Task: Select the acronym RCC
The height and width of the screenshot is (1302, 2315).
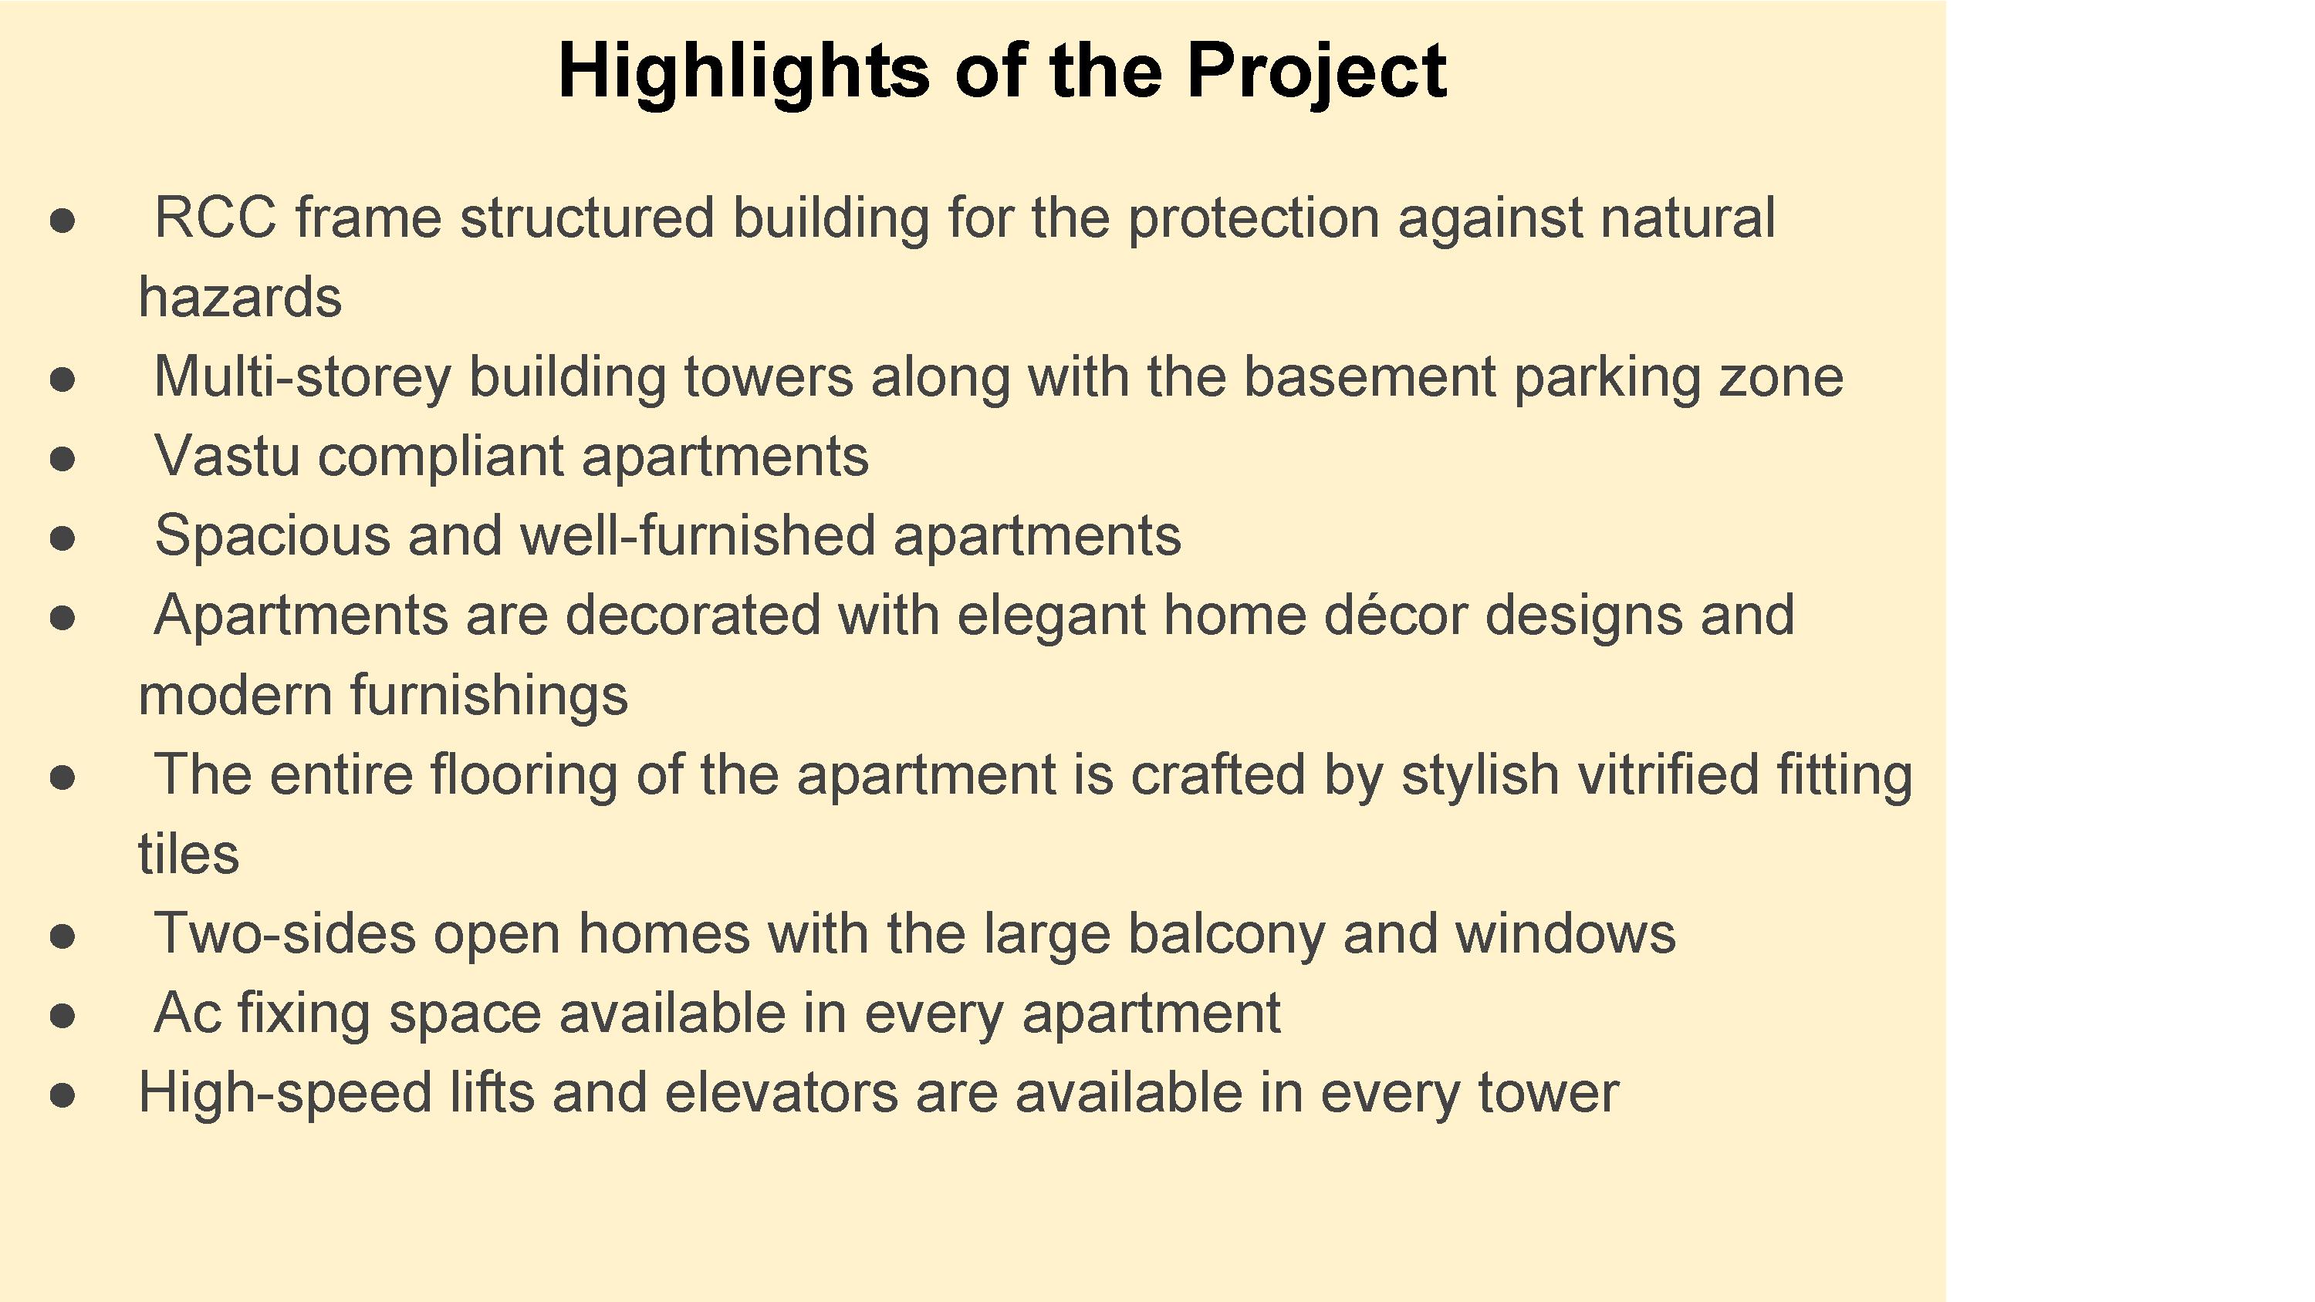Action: [216, 218]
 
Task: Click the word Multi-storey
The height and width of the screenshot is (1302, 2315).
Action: [302, 377]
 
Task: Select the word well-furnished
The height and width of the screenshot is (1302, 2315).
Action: [698, 535]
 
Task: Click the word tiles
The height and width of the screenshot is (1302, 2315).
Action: [189, 854]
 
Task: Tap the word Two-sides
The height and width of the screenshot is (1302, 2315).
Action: [285, 933]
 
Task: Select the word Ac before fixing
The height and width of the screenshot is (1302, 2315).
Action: [187, 1014]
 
